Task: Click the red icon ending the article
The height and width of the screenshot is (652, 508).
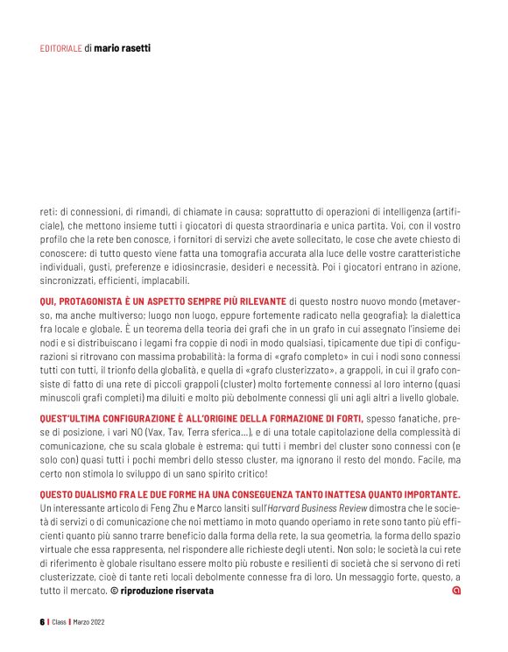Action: [x=455, y=592]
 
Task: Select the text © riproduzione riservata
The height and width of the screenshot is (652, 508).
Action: [x=161, y=592]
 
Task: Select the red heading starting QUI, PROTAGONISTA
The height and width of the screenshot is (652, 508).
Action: [x=163, y=300]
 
